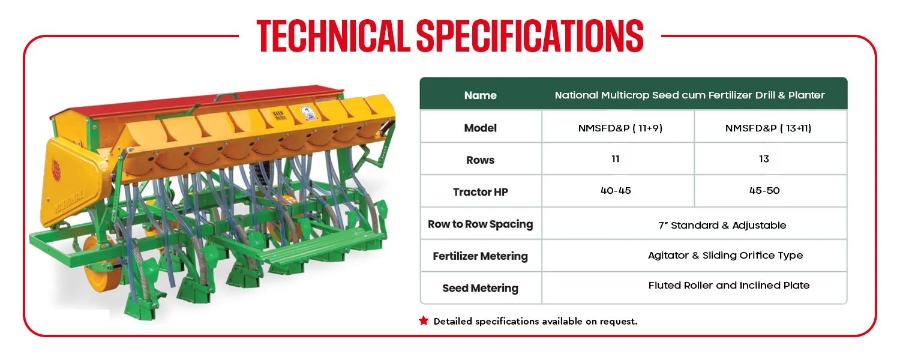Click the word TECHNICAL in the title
(333, 36)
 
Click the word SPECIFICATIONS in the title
(530, 36)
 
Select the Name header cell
(480, 95)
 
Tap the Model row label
(480, 128)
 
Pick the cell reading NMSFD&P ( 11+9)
(620, 128)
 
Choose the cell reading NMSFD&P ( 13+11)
(768, 128)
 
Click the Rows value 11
(615, 159)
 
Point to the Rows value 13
(764, 159)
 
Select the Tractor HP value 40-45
(616, 190)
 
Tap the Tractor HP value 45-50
(764, 190)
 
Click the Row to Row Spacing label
(480, 224)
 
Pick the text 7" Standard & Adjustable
(722, 225)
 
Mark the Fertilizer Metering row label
(480, 256)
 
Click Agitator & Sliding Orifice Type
(725, 256)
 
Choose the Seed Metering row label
(480, 288)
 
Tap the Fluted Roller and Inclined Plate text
(729, 285)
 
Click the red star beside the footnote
(424, 320)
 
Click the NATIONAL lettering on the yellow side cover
(69, 203)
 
